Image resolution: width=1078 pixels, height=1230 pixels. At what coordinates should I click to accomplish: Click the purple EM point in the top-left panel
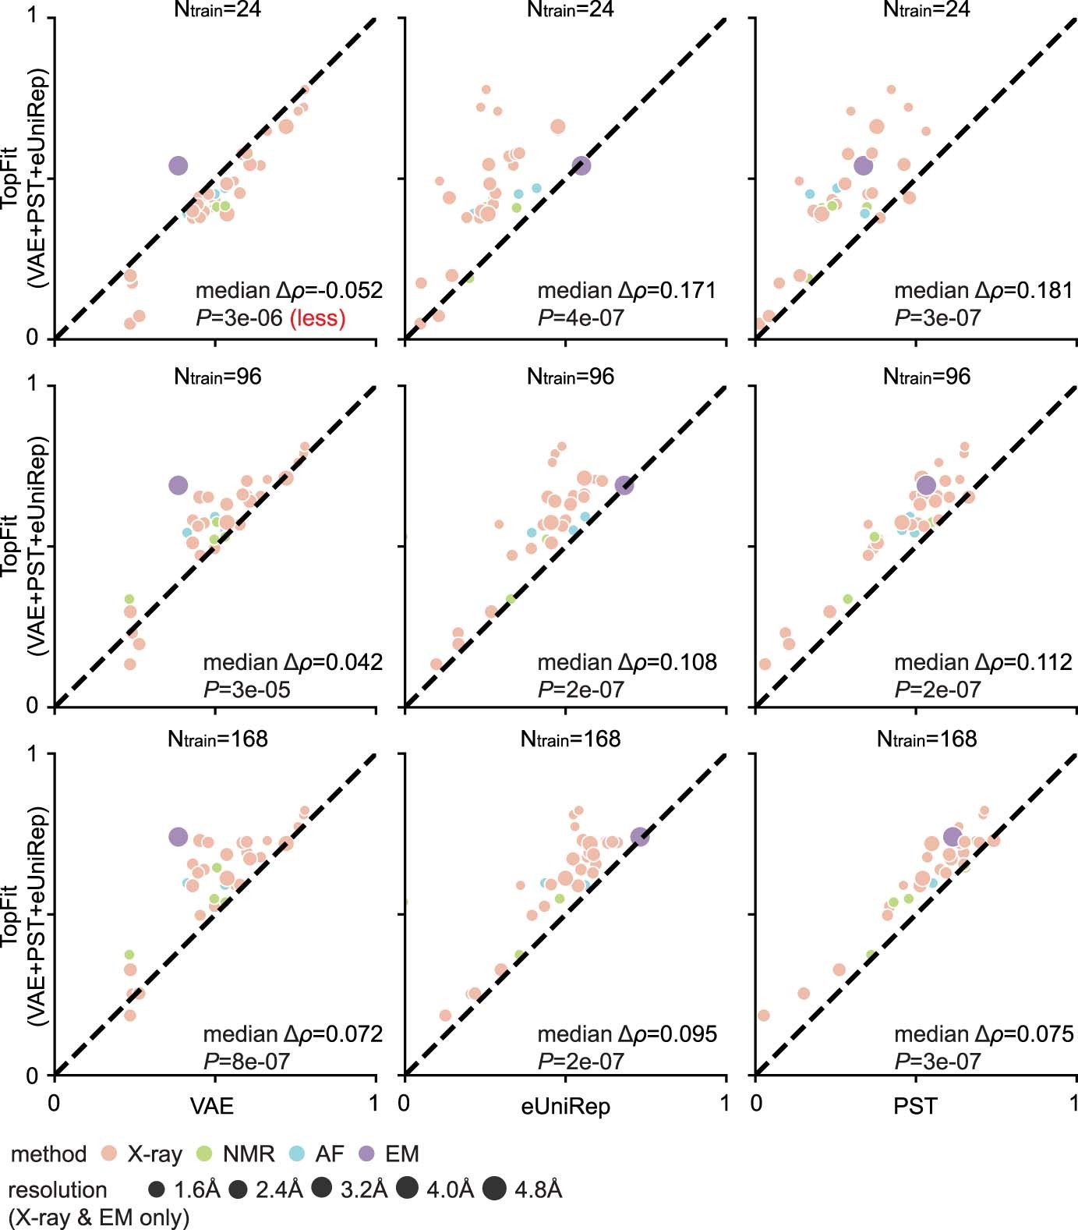[178, 165]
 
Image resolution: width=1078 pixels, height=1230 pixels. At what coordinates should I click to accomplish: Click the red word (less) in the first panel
[317, 318]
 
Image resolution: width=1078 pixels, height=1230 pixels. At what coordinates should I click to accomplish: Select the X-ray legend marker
[109, 1154]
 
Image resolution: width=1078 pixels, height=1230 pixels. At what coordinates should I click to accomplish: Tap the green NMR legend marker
[204, 1154]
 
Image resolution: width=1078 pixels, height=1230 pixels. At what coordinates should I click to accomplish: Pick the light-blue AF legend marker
[296, 1154]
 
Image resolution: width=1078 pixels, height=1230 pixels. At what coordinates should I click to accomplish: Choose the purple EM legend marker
[366, 1154]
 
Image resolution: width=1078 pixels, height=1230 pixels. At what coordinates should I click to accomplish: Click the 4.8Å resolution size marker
[494, 1189]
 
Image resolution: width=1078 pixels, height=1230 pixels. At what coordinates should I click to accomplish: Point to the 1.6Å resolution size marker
[157, 1189]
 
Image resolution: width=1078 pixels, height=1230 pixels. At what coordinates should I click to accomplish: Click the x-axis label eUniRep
[565, 1106]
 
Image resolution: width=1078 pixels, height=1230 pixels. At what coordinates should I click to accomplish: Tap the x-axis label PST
[915, 1106]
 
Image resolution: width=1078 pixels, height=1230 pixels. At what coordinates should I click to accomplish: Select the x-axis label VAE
[211, 1106]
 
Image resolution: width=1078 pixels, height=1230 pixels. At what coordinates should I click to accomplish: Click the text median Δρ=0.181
[983, 291]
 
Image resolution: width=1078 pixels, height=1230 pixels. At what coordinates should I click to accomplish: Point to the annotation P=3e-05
[246, 689]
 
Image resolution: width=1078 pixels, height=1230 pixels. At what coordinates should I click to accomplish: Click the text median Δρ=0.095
[627, 1034]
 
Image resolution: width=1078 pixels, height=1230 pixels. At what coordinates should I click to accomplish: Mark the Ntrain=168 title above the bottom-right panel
[926, 739]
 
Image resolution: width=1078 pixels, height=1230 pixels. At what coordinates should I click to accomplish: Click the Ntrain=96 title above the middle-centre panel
[570, 377]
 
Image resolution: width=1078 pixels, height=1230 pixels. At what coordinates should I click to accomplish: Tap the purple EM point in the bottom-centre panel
[640, 837]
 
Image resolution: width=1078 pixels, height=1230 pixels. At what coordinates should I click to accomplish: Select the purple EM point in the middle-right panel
[926, 486]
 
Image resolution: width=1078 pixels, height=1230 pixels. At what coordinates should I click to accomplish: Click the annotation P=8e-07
[246, 1062]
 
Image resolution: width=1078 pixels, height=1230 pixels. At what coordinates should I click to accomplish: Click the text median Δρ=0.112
[983, 662]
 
